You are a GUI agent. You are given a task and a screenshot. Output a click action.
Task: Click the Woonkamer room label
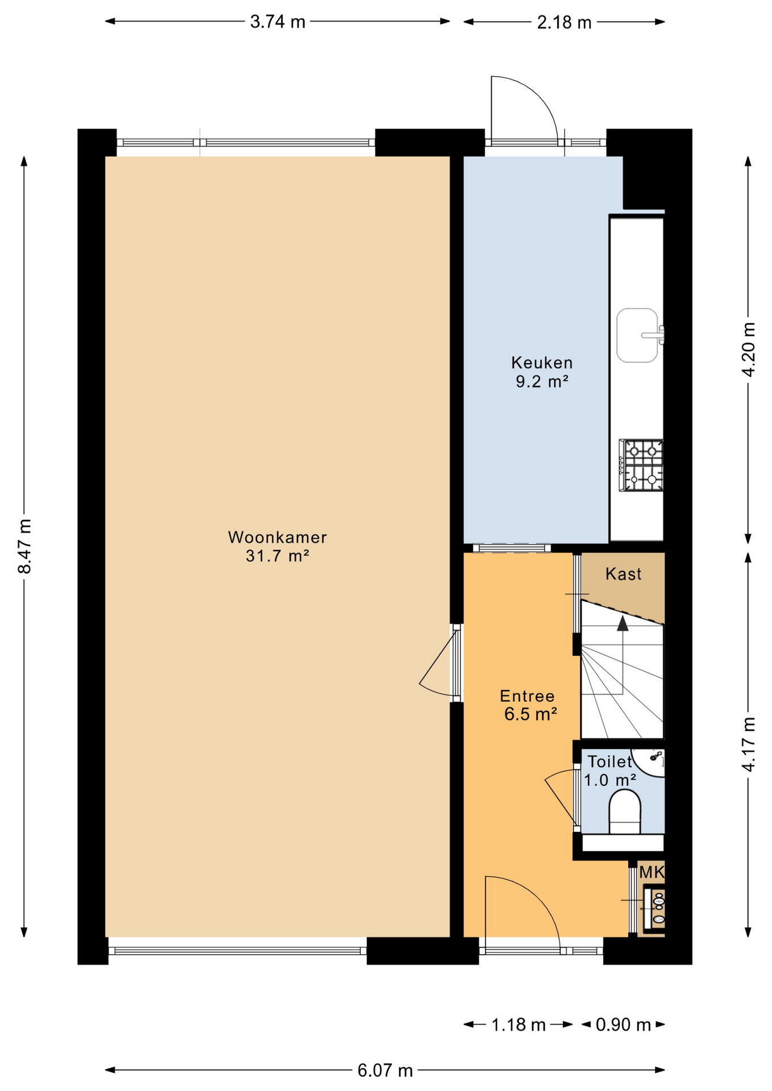tap(277, 537)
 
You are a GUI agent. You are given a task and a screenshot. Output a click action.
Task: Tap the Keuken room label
tap(542, 363)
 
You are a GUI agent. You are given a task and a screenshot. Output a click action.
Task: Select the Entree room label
tap(527, 696)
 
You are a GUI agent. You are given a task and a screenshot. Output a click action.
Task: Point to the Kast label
tap(623, 574)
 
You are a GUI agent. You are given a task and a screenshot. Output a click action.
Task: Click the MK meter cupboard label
tap(651, 872)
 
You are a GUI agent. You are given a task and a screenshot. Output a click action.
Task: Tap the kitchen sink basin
tap(637, 335)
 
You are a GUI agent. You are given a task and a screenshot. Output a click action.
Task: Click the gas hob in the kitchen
tap(641, 465)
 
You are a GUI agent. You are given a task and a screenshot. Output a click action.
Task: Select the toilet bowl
tap(625, 812)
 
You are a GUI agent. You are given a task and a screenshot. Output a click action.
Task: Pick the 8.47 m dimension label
tap(24, 546)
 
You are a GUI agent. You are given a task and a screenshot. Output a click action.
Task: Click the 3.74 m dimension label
tap(277, 22)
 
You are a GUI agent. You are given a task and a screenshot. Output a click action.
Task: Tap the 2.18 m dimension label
tap(564, 23)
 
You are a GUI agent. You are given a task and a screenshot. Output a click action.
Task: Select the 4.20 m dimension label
tap(748, 349)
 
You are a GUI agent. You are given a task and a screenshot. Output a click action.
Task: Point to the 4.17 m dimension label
tap(748, 744)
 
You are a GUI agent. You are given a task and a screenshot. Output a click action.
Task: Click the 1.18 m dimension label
tap(518, 1025)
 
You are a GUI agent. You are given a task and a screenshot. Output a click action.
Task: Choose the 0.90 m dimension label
tap(623, 1025)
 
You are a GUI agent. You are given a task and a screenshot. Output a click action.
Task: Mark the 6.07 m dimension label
tap(385, 1071)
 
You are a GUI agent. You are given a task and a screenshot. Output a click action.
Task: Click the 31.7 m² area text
tap(277, 556)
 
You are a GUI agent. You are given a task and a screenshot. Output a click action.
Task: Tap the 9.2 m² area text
tap(542, 381)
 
